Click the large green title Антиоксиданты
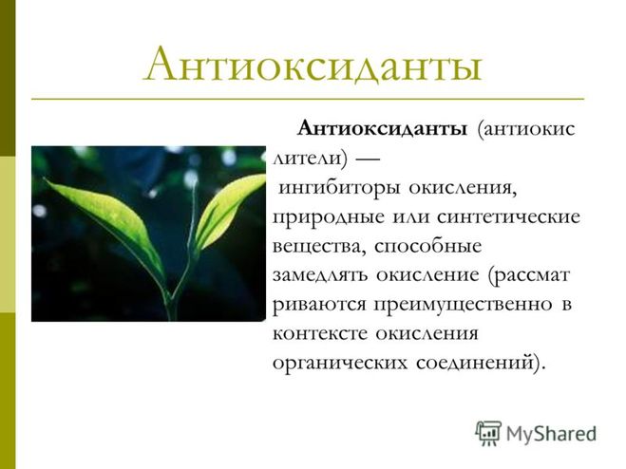(313, 66)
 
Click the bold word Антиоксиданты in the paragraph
(382, 129)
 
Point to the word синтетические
(508, 217)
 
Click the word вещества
(318, 247)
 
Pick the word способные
(428, 247)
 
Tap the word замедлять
(320, 276)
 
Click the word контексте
(319, 334)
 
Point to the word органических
(340, 364)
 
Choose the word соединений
(475, 363)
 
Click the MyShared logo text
(551, 434)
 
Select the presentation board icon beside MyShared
(488, 433)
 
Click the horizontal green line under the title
(308, 98)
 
